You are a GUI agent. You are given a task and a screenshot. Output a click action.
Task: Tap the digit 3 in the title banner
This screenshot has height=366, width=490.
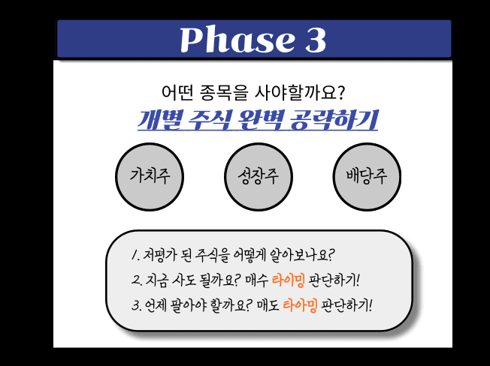(x=314, y=39)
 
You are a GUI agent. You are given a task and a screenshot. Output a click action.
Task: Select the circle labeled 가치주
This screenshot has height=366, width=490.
(x=149, y=177)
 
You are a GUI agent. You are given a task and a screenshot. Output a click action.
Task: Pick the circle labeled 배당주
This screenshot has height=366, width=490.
(x=366, y=177)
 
